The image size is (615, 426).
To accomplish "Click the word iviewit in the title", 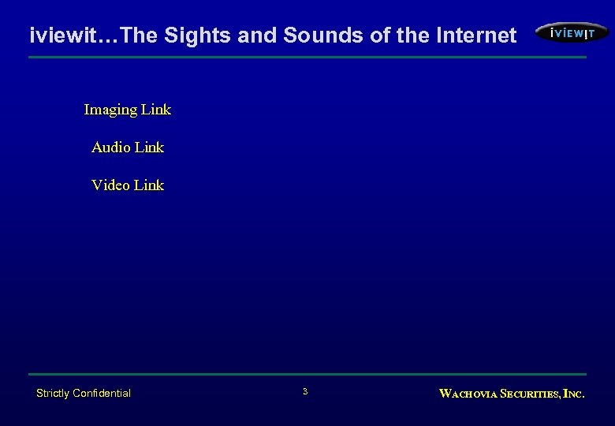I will click(x=58, y=35).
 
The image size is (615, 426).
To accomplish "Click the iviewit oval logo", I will click(x=572, y=33).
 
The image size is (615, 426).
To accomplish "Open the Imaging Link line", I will click(x=127, y=110).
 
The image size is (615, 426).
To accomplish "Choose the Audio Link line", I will click(x=127, y=148).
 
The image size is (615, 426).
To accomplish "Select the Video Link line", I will click(x=127, y=185).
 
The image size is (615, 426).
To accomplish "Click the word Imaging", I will click(x=110, y=110).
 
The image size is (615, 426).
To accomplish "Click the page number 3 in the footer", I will click(x=305, y=392).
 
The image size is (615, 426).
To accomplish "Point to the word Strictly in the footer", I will click(x=53, y=393).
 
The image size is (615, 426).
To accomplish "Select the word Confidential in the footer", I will click(x=102, y=393).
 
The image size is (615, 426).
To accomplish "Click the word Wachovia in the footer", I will click(x=467, y=394).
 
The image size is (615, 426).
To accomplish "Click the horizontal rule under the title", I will click(x=307, y=58).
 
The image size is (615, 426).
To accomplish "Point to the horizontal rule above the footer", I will click(x=307, y=374).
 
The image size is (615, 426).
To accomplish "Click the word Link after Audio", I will click(x=149, y=148).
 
